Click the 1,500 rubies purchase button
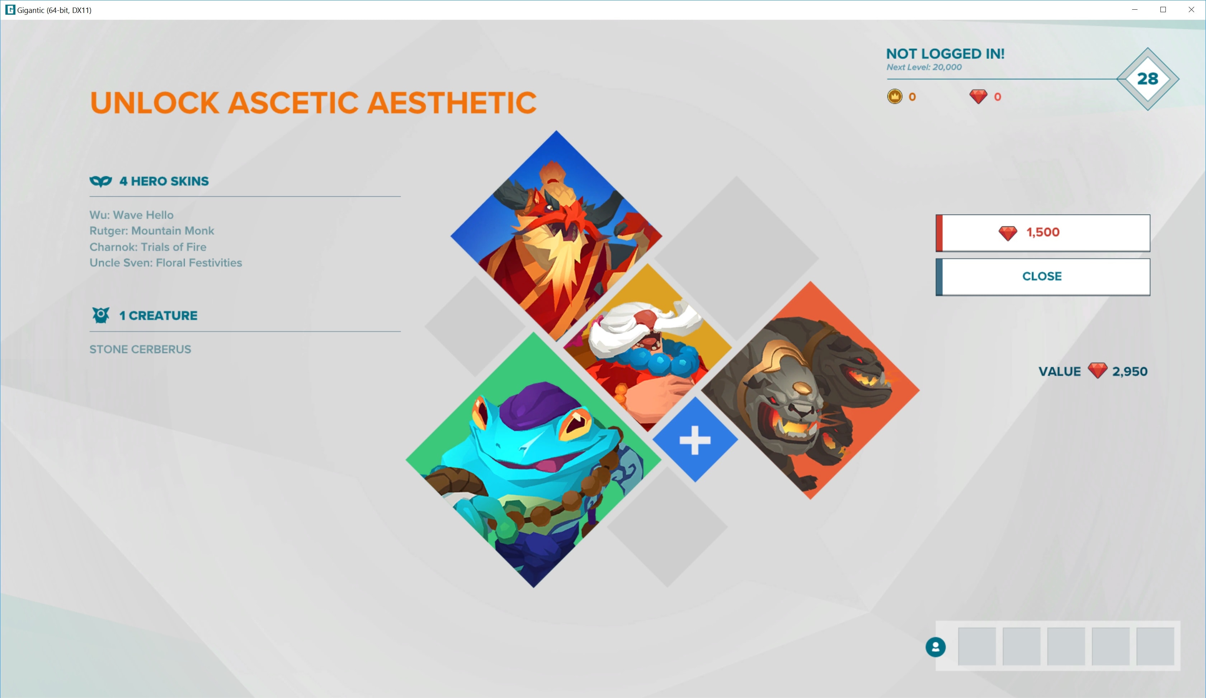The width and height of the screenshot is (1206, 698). coord(1043,233)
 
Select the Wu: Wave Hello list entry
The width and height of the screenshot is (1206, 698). coord(132,215)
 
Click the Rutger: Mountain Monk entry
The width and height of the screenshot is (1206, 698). coord(152,231)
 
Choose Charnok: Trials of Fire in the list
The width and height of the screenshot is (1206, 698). coord(148,247)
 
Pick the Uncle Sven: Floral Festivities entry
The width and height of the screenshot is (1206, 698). coord(166,263)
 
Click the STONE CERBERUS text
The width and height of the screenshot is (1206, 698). coord(140,350)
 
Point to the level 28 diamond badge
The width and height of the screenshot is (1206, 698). coord(1148,79)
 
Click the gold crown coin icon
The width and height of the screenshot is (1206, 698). coord(894,97)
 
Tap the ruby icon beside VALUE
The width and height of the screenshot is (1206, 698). coord(1098,371)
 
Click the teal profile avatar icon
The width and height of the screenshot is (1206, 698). coord(936,647)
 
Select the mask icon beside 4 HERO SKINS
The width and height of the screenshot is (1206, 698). coord(100,181)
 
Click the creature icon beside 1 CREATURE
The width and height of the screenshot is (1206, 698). coord(100,315)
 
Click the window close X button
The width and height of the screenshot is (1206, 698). coord(1191,10)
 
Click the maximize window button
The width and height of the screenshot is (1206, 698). coord(1163,10)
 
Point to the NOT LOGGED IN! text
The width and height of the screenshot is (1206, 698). coord(945,53)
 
